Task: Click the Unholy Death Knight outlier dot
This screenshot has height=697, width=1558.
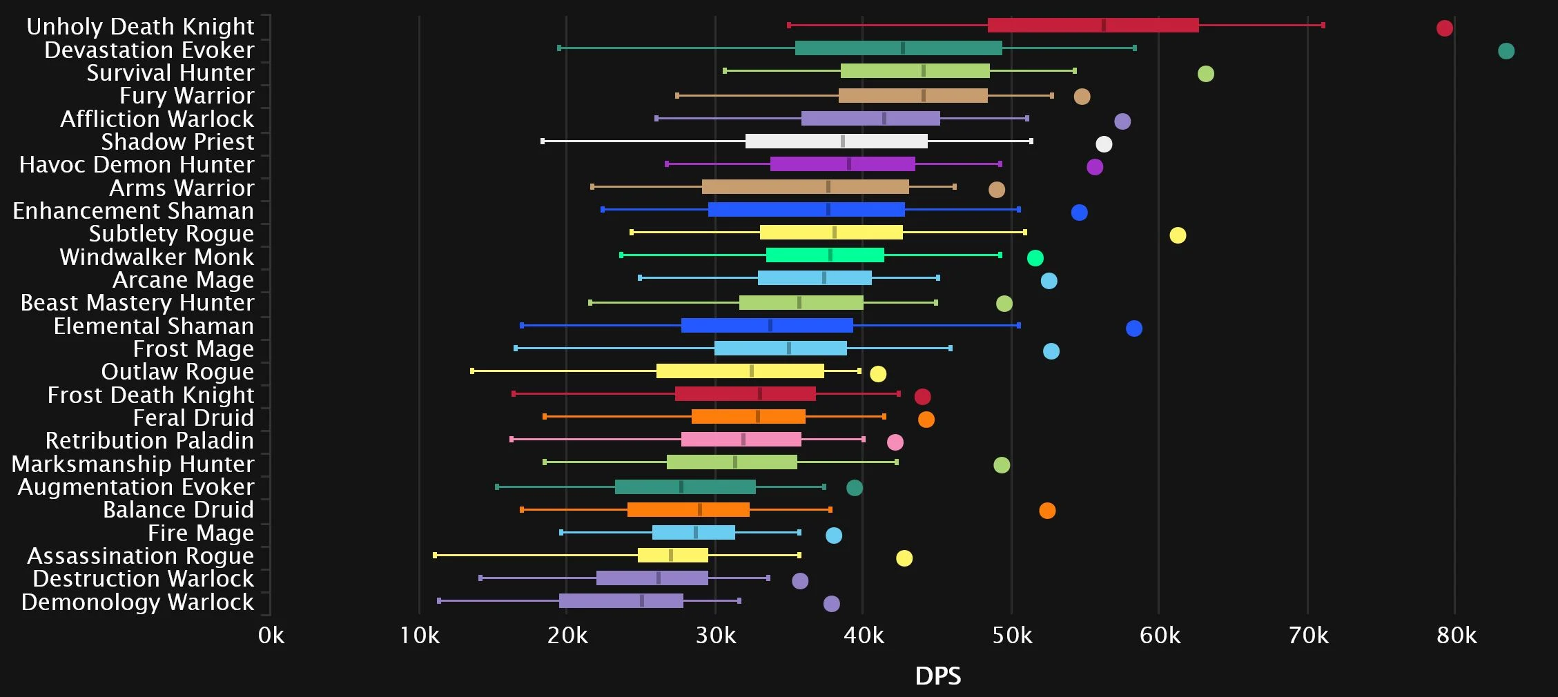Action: [x=1444, y=28]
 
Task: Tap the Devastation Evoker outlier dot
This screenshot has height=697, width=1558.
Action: [x=1506, y=51]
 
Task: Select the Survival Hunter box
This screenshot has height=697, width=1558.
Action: [x=915, y=71]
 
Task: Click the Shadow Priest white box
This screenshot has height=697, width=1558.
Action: [x=836, y=141]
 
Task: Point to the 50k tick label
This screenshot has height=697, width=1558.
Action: [x=1012, y=636]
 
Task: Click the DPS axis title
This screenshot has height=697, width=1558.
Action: [x=937, y=676]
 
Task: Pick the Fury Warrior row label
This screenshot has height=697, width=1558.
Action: [x=186, y=95]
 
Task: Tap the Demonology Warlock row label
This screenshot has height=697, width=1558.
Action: [x=137, y=602]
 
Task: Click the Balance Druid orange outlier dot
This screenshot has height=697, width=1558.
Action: [x=1046, y=511]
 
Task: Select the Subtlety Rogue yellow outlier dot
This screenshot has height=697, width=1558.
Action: [x=1177, y=235]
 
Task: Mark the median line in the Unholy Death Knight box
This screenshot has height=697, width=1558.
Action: [x=1103, y=26]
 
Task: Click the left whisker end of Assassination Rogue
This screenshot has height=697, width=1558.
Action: [x=435, y=556]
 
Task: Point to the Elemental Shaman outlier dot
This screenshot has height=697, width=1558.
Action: [x=1133, y=328]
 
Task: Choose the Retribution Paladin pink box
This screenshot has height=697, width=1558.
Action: [x=741, y=440]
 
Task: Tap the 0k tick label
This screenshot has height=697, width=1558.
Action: [x=271, y=636]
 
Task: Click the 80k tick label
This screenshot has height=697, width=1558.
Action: [x=1456, y=636]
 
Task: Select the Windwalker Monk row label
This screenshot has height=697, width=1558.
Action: [x=157, y=257]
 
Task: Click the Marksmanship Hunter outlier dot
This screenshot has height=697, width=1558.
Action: [x=1001, y=465]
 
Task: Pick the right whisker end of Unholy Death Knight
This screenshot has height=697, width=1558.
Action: [x=1323, y=26]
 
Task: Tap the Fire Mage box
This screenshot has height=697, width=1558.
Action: [x=693, y=533]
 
